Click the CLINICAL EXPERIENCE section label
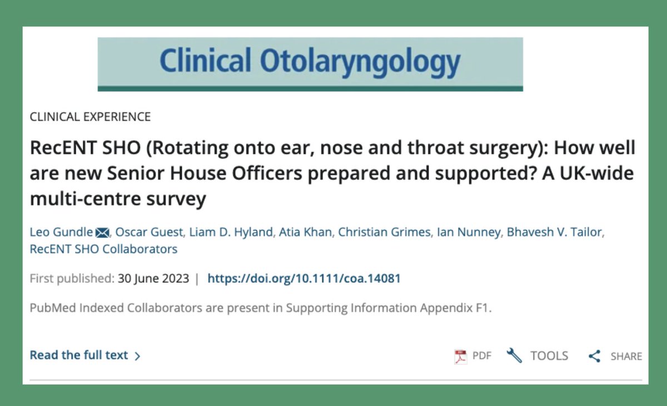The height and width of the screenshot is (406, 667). (x=90, y=117)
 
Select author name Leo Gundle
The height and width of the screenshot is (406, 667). (x=61, y=232)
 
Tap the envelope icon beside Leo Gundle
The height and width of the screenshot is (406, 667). (x=102, y=232)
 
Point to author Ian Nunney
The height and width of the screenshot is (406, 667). (x=468, y=232)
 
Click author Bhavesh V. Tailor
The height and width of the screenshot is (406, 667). (x=555, y=232)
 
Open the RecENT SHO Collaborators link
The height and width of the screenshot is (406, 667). (x=103, y=249)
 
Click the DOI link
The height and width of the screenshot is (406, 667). (x=303, y=278)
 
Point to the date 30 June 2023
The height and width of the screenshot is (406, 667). (x=153, y=278)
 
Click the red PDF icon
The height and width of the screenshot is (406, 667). (x=460, y=357)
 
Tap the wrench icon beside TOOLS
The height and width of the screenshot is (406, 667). (x=514, y=356)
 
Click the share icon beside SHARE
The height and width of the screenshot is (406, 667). (x=595, y=357)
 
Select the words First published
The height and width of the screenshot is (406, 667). (x=72, y=278)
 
